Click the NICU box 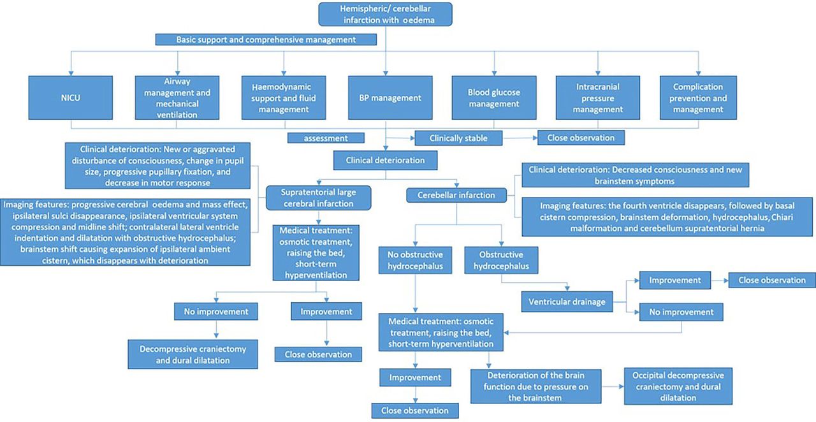tap(71, 98)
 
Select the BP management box tap(390, 98)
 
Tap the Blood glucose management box tap(494, 98)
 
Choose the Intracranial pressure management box tap(598, 98)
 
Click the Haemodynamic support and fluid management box tap(284, 98)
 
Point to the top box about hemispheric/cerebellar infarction tap(386, 14)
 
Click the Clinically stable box tap(458, 138)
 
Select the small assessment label tap(326, 138)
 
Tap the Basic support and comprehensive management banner tap(266, 40)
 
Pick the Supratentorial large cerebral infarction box tap(318, 198)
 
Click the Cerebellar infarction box tap(456, 195)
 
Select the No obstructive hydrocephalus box tap(415, 260)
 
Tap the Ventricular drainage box tap(567, 302)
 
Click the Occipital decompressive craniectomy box tap(678, 386)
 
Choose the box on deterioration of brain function tap(536, 386)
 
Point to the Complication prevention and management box tap(698, 98)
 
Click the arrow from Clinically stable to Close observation tap(520, 138)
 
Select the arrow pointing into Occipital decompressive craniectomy tap(613, 386)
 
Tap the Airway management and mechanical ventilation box tap(177, 98)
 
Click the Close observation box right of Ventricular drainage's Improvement tap(772, 280)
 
